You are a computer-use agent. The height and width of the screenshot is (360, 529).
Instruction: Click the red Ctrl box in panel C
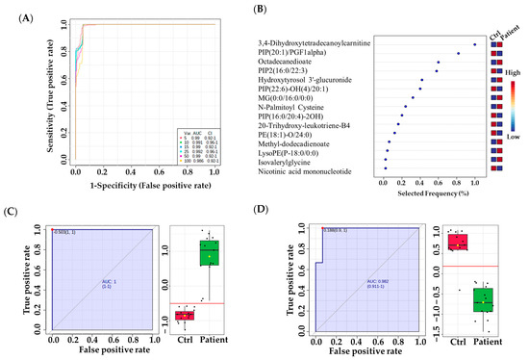[x=184, y=315]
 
